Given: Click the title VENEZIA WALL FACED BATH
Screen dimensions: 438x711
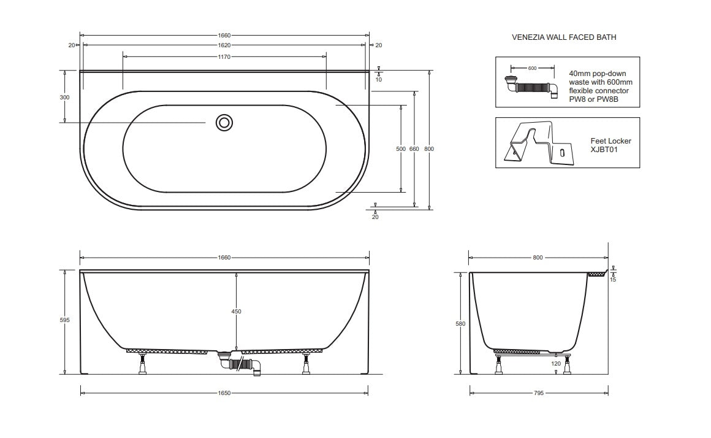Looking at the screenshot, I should (x=564, y=37).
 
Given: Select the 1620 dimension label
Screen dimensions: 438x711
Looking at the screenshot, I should (x=224, y=45).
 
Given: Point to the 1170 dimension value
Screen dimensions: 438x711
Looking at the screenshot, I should (x=224, y=57).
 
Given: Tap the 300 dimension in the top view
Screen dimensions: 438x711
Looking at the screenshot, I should (x=65, y=98).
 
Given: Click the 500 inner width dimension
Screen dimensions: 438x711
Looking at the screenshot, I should (x=401, y=149).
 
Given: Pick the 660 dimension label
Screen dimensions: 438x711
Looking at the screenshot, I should (x=415, y=149).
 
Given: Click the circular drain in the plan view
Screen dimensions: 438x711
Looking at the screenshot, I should (x=224, y=123).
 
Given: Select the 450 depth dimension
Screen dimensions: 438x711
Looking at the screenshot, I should (x=236, y=312).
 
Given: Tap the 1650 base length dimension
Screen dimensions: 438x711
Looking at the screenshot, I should (x=224, y=393).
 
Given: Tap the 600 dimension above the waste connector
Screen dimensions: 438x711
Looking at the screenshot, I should (x=532, y=68).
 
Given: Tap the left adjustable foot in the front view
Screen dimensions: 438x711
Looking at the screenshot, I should (x=142, y=363).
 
